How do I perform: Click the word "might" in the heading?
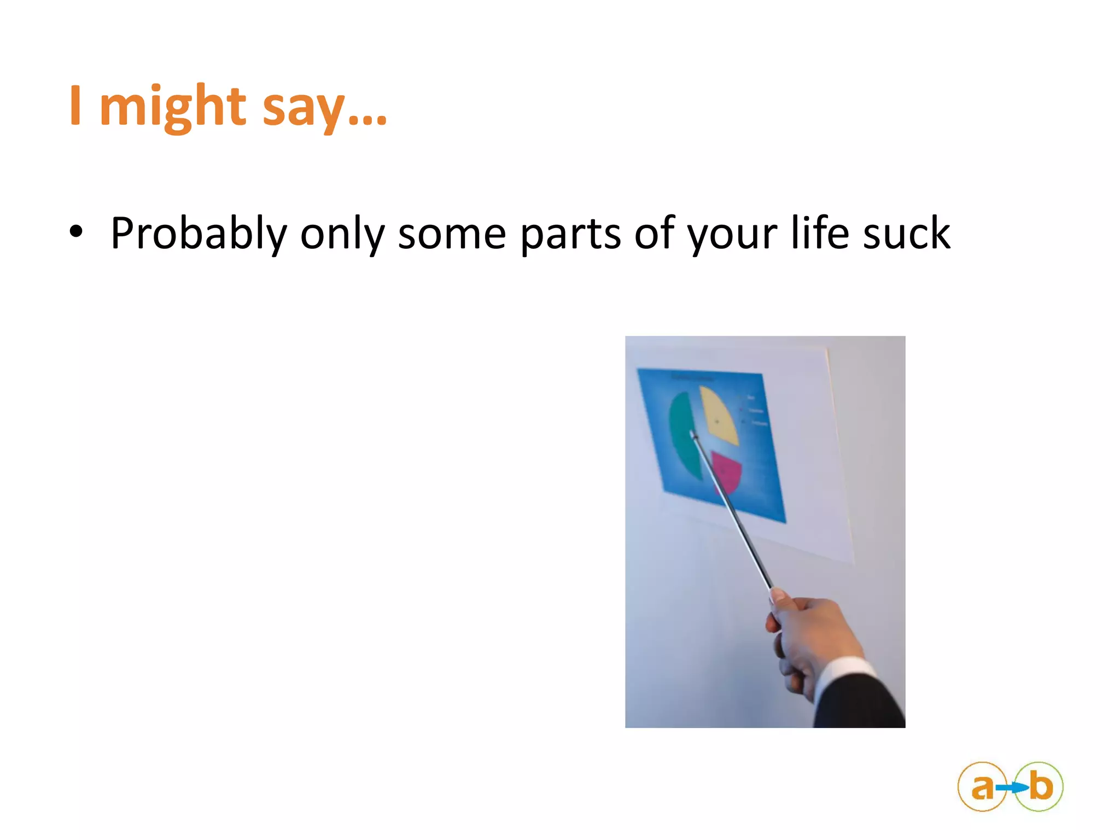coord(172,107)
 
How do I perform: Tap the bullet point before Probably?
coord(76,232)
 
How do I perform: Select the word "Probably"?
coord(198,234)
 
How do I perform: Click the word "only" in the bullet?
coord(342,234)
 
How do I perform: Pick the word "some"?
coord(452,234)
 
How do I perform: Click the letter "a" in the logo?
coord(982,787)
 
